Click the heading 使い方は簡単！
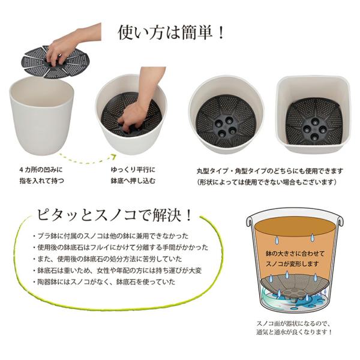(171, 32)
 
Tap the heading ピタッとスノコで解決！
(114, 215)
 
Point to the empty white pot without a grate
(41, 116)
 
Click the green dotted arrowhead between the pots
(113, 157)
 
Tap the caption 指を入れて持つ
(41, 181)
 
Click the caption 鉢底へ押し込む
(133, 181)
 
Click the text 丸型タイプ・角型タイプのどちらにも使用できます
(269, 171)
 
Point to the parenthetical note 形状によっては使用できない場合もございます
(268, 182)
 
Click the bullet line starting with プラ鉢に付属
(110, 236)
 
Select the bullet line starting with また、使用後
(107, 259)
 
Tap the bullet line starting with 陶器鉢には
(104, 282)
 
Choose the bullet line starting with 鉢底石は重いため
(117, 271)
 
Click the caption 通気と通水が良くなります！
(294, 332)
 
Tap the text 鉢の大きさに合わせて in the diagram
(295, 253)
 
